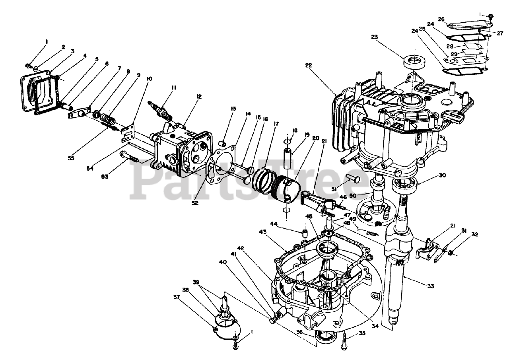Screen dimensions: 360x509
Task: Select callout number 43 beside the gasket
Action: [262, 232]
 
